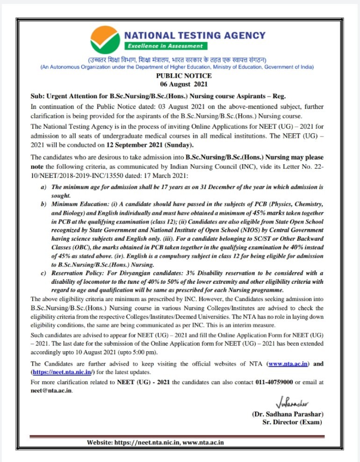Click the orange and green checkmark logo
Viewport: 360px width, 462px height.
click(x=106, y=40)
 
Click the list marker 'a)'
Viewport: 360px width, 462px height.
click(x=43, y=187)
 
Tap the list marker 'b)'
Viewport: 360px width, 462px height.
click(x=43, y=204)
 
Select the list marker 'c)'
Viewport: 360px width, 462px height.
click(x=43, y=273)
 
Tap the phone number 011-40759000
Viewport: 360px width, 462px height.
click(x=274, y=382)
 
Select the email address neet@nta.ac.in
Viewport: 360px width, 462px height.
click(x=51, y=391)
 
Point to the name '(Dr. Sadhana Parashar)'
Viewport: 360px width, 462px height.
click(x=288, y=414)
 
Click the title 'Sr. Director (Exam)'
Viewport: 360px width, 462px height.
click(x=293, y=422)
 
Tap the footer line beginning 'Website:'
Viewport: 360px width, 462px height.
click(x=155, y=442)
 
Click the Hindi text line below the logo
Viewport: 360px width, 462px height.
click(x=177, y=60)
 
